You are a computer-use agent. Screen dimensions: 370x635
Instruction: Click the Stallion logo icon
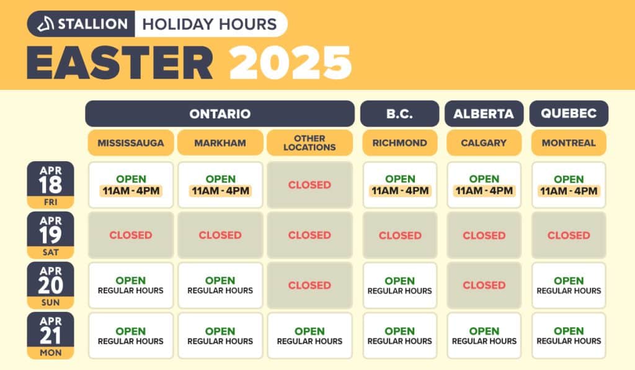tap(45, 24)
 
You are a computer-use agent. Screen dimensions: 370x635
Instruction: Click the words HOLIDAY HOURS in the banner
tap(210, 24)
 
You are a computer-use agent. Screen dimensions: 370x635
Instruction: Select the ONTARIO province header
tap(220, 114)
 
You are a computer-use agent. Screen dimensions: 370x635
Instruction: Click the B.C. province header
tap(399, 114)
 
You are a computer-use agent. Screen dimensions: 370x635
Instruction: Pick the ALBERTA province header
tap(484, 114)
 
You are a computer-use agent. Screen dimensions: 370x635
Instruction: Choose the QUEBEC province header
tap(569, 114)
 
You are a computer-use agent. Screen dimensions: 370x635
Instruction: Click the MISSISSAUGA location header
tap(131, 143)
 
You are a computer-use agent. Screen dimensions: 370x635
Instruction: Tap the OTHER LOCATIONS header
tap(309, 143)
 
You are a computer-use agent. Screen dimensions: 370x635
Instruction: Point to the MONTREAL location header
tap(569, 143)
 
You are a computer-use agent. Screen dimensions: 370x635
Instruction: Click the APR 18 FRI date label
tap(50, 185)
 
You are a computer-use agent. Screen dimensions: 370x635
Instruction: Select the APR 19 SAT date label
tap(50, 235)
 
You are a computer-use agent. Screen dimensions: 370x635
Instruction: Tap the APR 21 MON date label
tap(50, 335)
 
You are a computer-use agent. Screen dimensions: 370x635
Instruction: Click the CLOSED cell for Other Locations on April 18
tap(309, 185)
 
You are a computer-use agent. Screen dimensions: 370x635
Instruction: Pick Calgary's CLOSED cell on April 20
tap(484, 285)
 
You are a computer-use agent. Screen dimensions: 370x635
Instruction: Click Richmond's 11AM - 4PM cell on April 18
tap(399, 185)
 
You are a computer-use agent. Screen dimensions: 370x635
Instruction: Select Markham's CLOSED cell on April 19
tap(220, 235)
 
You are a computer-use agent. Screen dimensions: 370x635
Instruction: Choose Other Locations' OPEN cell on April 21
tap(309, 335)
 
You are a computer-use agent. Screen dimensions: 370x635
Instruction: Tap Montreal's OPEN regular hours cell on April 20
tap(569, 285)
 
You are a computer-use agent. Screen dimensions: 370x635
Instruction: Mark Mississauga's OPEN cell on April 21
tap(131, 335)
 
